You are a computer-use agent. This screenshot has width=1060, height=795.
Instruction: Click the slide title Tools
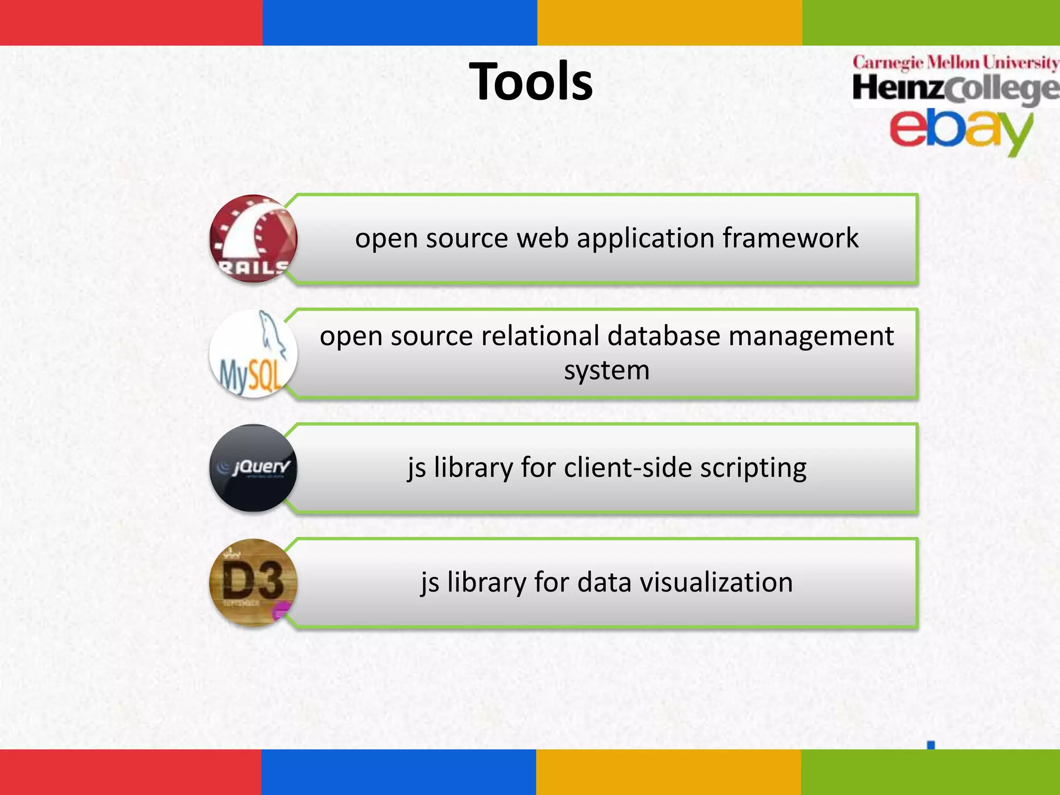coord(531,81)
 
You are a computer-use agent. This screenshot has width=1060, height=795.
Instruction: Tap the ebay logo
coord(961,129)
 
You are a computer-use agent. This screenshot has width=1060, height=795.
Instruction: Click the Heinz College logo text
coord(955,89)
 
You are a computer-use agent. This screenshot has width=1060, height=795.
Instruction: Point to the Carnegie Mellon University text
coord(955,63)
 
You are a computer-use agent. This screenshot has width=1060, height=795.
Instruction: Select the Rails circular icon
coord(253,239)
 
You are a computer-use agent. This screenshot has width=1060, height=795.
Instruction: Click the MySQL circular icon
coord(253,354)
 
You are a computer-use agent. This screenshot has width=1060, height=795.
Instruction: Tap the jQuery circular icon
coord(253,468)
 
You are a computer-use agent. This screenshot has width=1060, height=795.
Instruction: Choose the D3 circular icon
coord(253,583)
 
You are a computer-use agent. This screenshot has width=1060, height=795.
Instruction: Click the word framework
coord(790,238)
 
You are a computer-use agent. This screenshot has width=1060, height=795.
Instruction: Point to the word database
coord(664,336)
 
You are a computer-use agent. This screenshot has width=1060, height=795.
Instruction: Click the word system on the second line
coord(607,371)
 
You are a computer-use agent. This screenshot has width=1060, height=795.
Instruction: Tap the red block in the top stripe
coord(131,22)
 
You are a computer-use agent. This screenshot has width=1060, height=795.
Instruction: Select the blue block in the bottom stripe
coord(399,772)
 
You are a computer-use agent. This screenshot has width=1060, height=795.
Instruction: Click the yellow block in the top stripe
coord(669,22)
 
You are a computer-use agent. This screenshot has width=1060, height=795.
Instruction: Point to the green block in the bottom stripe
coord(930,772)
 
